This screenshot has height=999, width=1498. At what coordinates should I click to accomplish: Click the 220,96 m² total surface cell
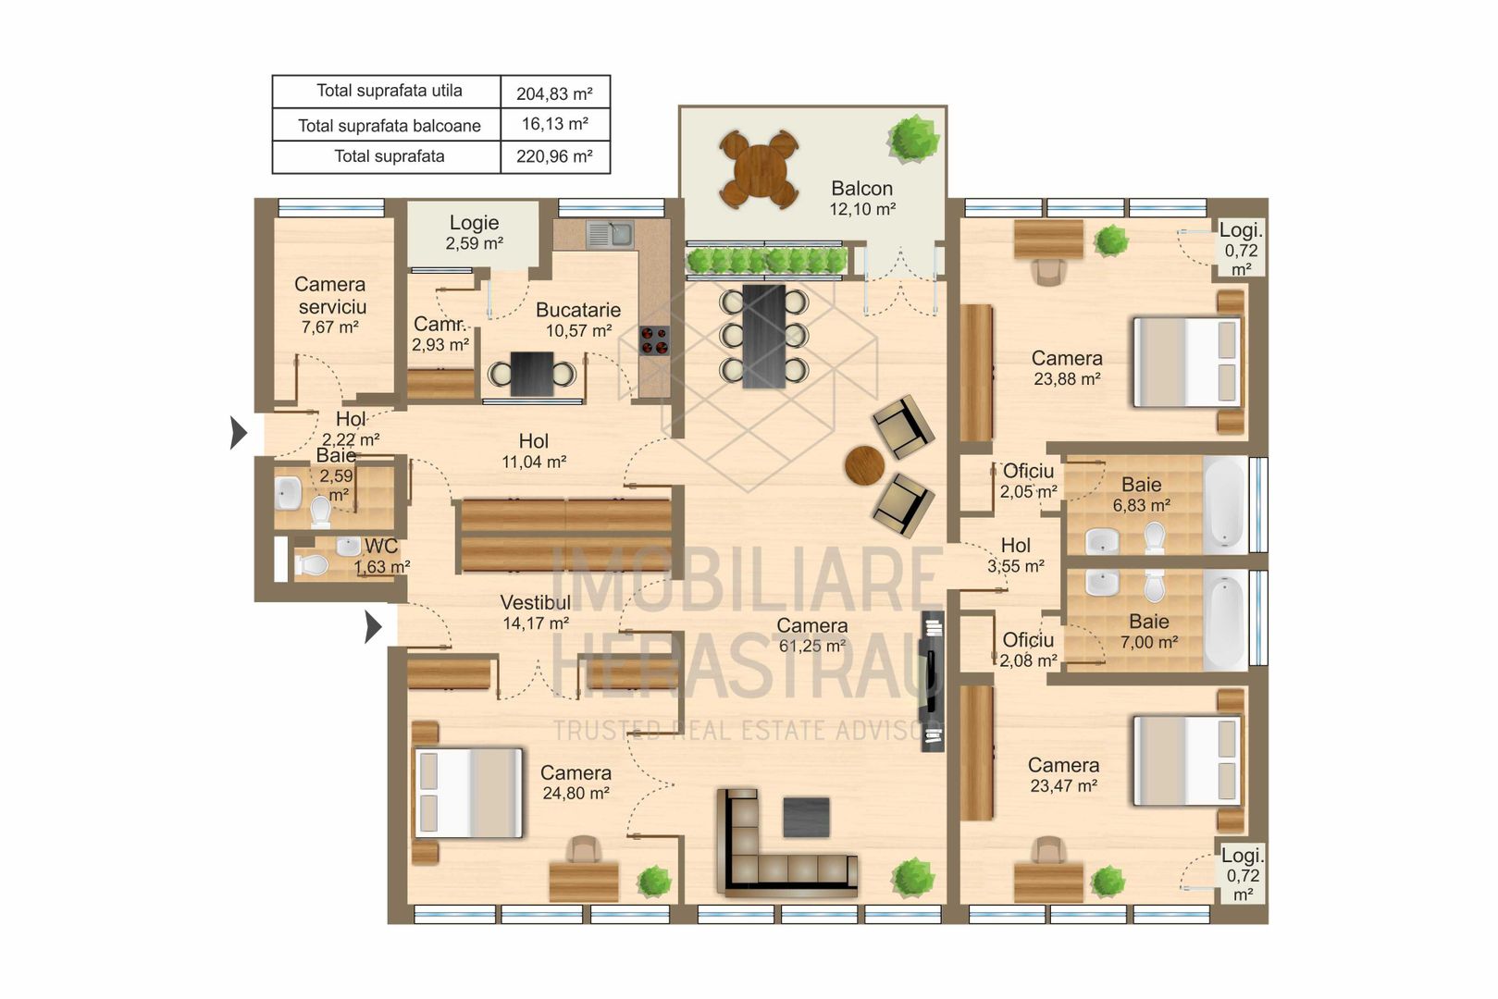point(554,156)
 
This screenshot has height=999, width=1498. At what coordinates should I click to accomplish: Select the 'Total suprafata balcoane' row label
point(389,125)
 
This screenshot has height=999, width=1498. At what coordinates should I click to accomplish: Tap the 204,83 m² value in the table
point(554,93)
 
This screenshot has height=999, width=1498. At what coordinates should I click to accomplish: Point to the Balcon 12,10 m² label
point(861,198)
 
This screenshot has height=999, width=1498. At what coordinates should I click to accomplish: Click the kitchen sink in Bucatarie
point(610,234)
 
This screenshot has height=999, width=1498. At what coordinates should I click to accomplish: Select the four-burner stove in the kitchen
point(654,340)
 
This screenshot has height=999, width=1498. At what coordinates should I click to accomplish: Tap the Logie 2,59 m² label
point(474,232)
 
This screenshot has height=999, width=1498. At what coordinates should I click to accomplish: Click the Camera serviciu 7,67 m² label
point(330,304)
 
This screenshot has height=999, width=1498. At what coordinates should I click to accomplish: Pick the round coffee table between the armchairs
point(864,465)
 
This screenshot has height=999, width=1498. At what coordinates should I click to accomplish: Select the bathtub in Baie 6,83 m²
point(1225,505)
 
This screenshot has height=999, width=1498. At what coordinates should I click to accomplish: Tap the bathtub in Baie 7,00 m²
point(1225,620)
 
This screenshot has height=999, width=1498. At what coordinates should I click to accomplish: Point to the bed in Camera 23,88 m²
point(1186,362)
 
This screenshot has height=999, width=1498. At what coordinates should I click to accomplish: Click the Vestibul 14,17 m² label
point(535,612)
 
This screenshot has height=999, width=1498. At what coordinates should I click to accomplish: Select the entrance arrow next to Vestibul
point(373,626)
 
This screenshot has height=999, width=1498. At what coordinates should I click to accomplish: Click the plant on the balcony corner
point(913,138)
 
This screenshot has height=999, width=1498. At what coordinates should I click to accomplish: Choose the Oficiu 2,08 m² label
point(1028,649)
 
